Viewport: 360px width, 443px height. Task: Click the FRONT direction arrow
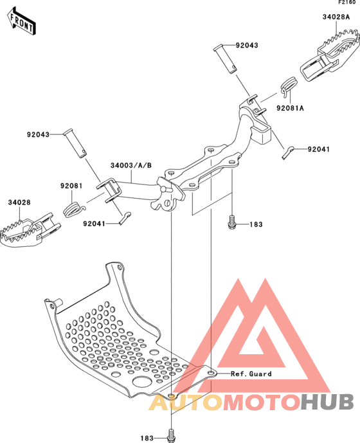(21, 21)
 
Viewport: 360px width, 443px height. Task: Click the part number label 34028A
(336, 17)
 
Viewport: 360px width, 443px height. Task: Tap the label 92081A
(290, 108)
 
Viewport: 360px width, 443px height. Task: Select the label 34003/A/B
(131, 165)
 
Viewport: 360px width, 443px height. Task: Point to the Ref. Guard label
(251, 374)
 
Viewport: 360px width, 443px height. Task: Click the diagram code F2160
(347, 3)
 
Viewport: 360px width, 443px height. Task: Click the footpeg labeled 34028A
(329, 58)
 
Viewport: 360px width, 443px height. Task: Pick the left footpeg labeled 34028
(30, 230)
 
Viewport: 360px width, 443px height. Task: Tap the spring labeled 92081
(73, 210)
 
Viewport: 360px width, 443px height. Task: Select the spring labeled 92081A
(289, 86)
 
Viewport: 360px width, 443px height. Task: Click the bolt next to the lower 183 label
(170, 436)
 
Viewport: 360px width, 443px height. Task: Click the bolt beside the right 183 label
(231, 222)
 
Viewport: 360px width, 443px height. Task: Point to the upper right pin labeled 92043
(225, 59)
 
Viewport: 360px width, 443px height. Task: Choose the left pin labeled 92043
(75, 143)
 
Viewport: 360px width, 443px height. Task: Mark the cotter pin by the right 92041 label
(288, 153)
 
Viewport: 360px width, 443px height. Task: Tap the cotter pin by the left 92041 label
(125, 218)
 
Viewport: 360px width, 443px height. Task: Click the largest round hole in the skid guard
(143, 381)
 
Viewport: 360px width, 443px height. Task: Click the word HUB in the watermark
(327, 402)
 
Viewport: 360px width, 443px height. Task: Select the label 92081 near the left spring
(71, 186)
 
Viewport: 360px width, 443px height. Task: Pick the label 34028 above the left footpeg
(19, 203)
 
